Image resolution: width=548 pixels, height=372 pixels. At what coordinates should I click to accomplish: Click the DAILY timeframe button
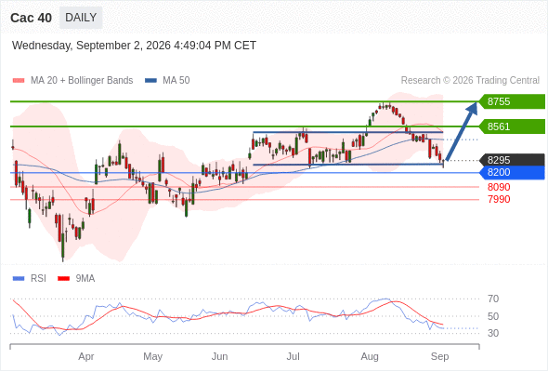81,18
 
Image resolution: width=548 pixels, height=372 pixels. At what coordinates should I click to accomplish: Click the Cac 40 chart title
31,18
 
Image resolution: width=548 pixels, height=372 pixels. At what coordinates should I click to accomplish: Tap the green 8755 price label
512,101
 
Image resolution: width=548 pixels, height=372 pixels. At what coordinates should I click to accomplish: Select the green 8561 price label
512,126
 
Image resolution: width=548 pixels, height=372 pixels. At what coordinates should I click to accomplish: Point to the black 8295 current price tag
512,160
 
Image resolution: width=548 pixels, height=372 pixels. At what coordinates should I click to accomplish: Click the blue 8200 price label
512,173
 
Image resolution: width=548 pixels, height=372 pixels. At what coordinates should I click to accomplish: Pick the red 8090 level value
499,187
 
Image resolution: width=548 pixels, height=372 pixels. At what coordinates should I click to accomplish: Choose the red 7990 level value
499,199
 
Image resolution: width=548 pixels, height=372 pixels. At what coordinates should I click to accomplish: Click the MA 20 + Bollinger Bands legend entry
72,81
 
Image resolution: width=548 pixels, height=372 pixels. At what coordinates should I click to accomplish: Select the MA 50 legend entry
167,81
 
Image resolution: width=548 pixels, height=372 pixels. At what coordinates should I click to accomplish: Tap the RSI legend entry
30,278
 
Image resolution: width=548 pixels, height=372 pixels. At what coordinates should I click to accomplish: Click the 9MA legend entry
76,278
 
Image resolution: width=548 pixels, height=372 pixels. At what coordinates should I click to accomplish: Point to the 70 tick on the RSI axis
493,299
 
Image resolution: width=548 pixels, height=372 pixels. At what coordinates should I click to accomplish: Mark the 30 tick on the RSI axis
493,333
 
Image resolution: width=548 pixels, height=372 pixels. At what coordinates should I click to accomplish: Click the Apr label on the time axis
86,356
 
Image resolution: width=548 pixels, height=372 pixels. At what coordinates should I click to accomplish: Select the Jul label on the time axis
293,356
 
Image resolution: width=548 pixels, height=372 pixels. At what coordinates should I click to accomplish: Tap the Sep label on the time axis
439,356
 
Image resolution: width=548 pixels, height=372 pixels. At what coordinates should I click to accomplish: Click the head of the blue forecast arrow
476,102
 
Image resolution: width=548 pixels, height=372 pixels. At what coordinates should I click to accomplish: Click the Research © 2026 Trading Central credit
470,80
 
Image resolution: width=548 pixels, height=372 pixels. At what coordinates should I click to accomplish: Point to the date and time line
134,46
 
